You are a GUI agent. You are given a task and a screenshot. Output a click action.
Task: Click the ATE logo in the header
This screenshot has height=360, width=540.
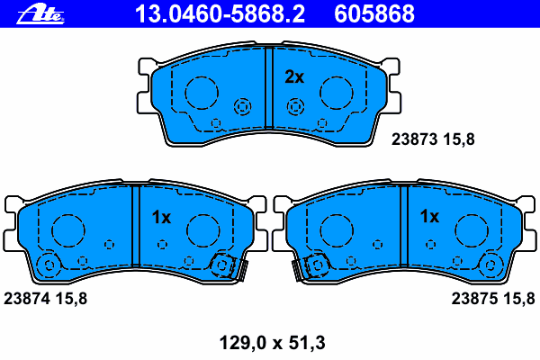point(40,14)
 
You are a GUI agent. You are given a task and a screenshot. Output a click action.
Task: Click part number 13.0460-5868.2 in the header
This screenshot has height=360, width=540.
point(220,14)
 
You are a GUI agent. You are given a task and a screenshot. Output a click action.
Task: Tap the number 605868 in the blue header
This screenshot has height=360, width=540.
point(374,14)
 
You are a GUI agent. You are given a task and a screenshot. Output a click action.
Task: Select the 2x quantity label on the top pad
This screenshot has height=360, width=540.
point(294,77)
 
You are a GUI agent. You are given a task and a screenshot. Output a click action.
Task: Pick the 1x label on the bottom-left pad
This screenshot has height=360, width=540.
point(161,218)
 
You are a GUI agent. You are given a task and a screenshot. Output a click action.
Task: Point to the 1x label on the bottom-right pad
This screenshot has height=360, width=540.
point(429,217)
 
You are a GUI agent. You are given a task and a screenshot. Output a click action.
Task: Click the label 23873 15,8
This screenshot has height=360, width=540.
point(433,139)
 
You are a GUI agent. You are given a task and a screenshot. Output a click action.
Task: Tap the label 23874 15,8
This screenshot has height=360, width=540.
point(45,298)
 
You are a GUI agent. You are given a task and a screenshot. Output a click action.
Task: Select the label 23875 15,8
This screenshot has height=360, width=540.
point(493,298)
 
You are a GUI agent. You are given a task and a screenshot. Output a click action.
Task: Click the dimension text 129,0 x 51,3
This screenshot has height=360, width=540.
point(272,343)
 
